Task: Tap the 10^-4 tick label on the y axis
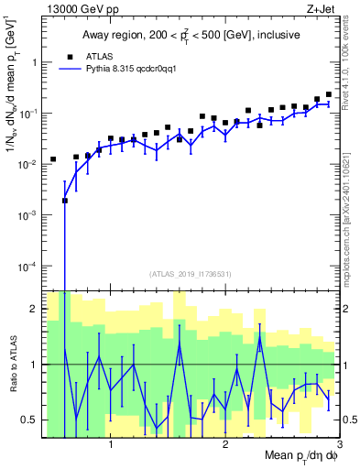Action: pyautogui.click(x=29, y=267)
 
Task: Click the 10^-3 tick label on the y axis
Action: pyautogui.click(x=29, y=215)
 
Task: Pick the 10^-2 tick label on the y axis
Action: pyautogui.click(x=29, y=165)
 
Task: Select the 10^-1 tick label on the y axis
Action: pyautogui.click(x=29, y=114)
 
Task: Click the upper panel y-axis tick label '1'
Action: pyautogui.click(x=35, y=62)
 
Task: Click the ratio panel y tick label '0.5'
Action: pyautogui.click(x=31, y=420)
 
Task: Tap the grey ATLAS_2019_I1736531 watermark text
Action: pyautogui.click(x=191, y=274)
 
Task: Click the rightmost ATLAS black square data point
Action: pyautogui.click(x=329, y=94)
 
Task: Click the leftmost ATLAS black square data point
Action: pyautogui.click(x=53, y=159)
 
